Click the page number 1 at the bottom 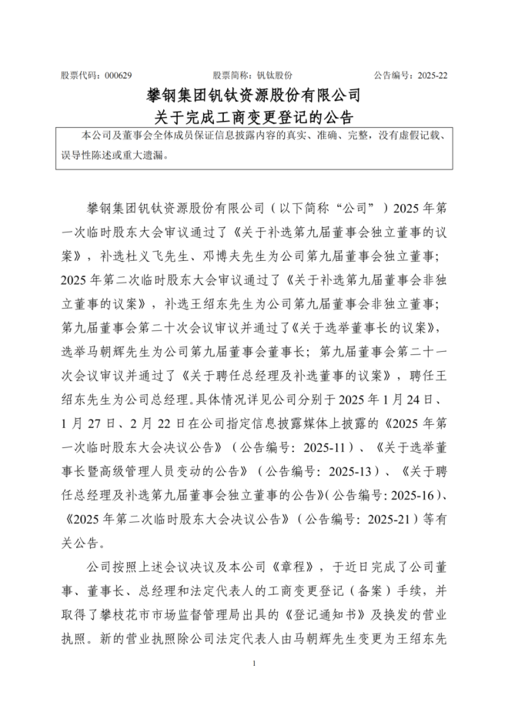click(x=253, y=664)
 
